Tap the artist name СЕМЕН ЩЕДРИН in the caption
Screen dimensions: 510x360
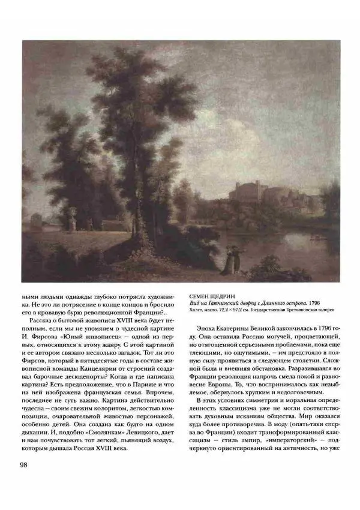pyautogui.click(x=212, y=296)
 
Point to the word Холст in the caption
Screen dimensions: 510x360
pyautogui.click(x=197, y=311)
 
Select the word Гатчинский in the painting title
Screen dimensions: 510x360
pyautogui.click(x=231, y=304)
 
